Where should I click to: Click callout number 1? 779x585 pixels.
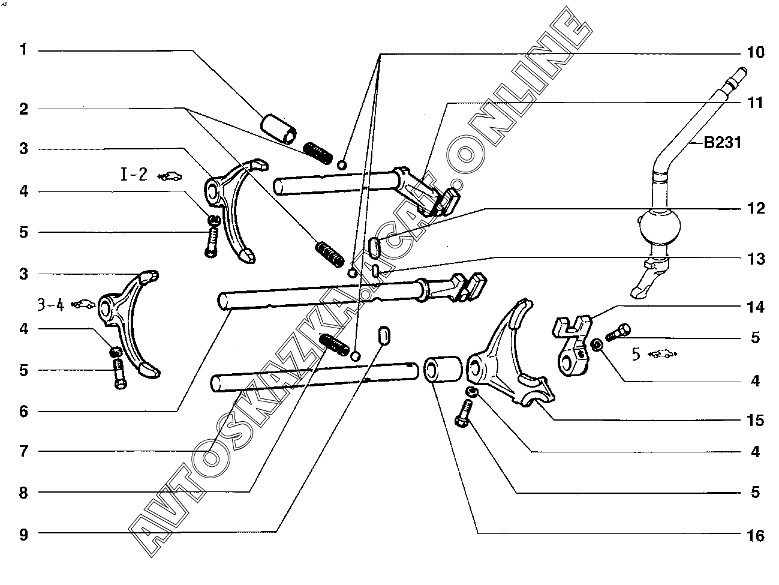(23, 49)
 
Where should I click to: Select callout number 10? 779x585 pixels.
(756, 52)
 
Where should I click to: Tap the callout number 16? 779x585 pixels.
(756, 535)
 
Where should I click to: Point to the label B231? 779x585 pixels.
(722, 143)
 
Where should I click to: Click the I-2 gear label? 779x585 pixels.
(134, 175)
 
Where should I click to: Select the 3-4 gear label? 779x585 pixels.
(50, 305)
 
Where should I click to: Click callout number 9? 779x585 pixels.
(23, 534)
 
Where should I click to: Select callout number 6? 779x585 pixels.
(23, 411)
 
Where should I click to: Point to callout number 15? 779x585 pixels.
(756, 420)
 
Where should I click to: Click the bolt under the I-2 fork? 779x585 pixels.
(211, 244)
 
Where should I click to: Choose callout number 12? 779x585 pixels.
(756, 208)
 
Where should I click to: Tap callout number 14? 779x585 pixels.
(756, 307)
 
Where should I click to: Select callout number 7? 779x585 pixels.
(23, 451)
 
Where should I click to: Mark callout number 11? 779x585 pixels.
(756, 103)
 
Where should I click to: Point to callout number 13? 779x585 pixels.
(756, 259)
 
